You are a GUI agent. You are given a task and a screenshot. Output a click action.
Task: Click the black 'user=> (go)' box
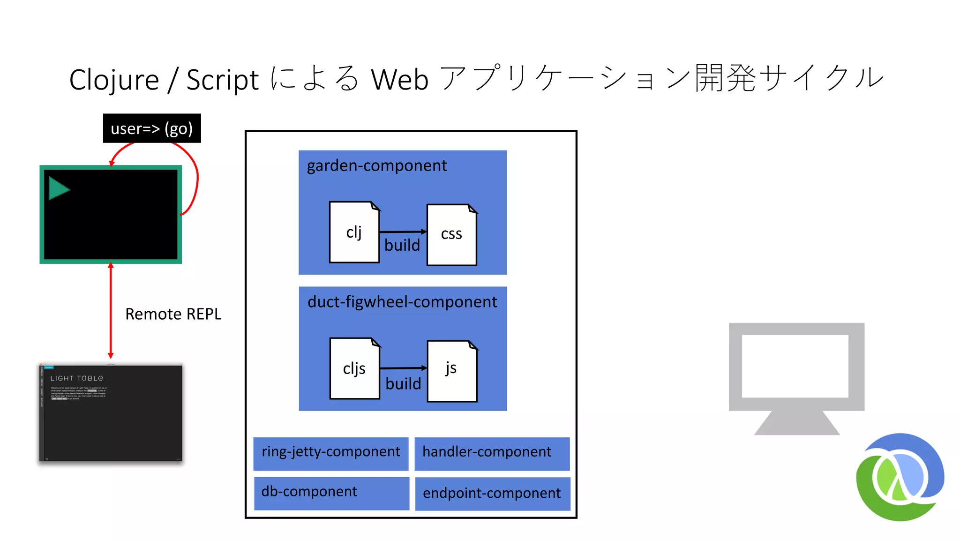tap(152, 128)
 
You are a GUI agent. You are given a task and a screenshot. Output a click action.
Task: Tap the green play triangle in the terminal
tap(58, 189)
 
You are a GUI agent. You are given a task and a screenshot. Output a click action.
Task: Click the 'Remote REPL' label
tap(173, 314)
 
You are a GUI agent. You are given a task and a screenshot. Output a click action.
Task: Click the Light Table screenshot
tap(111, 412)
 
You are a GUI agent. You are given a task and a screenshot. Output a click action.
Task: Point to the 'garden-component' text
tap(376, 165)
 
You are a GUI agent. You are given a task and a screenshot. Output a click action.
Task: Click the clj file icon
tap(354, 232)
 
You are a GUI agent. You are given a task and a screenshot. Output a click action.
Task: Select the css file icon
tap(452, 234)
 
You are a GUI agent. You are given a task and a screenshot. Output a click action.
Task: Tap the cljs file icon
tap(355, 368)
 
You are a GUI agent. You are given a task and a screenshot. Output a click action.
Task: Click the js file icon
tap(452, 370)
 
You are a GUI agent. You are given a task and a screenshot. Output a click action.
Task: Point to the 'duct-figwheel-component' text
tap(402, 302)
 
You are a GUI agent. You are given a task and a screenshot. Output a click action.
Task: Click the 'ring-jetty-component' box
tap(331, 453)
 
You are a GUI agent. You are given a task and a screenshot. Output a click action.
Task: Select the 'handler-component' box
tap(492, 453)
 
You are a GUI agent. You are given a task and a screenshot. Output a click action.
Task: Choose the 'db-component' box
tap(331, 493)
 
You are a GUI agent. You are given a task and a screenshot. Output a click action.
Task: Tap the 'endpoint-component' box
tap(492, 494)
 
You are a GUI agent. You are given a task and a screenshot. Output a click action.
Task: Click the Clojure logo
tap(900, 477)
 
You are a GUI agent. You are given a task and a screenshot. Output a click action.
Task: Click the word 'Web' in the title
tap(400, 79)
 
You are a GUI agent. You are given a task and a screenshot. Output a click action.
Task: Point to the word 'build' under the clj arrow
tap(402, 245)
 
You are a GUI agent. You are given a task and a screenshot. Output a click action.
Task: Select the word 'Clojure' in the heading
tap(114, 79)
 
